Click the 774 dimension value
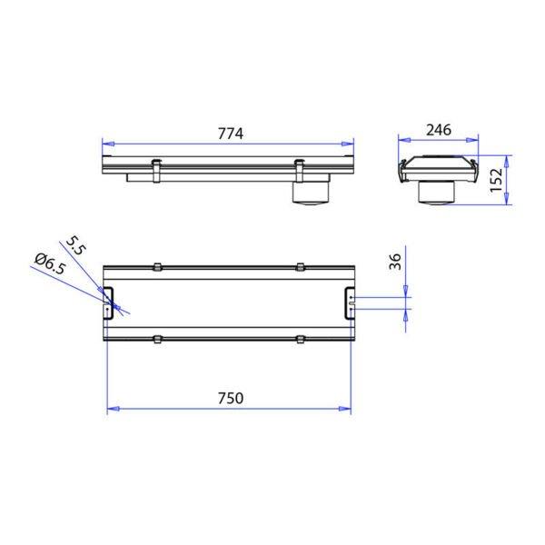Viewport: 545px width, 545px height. coord(231,134)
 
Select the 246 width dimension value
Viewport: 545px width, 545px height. coord(439,130)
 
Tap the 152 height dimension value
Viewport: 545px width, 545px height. coord(496,180)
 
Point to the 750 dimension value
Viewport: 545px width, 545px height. coord(231,399)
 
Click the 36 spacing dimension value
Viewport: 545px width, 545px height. coord(395,262)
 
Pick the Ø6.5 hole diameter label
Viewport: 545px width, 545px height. coord(50,263)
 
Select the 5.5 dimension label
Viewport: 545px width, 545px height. coord(75,245)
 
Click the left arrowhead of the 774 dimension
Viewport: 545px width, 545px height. coord(108,144)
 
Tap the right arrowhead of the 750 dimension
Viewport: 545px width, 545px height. coord(345,409)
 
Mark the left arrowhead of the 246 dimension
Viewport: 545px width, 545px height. coord(404,140)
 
